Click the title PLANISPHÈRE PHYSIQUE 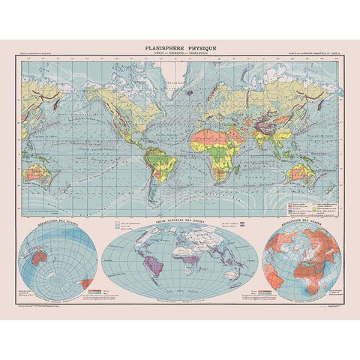180,47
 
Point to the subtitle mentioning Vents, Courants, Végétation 180,53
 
